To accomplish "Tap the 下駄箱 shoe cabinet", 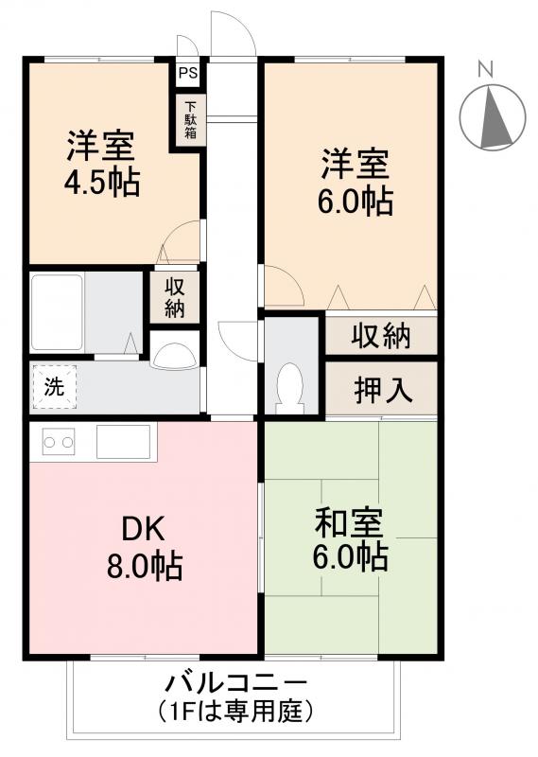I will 189,120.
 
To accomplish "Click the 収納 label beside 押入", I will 382,335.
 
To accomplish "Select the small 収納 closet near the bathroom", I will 174,297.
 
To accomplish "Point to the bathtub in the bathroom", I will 58,312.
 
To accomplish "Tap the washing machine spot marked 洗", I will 53,386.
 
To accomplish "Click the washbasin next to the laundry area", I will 173,354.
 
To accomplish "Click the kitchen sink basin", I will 123,441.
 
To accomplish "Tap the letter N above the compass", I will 485,68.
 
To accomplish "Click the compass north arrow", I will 492,117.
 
